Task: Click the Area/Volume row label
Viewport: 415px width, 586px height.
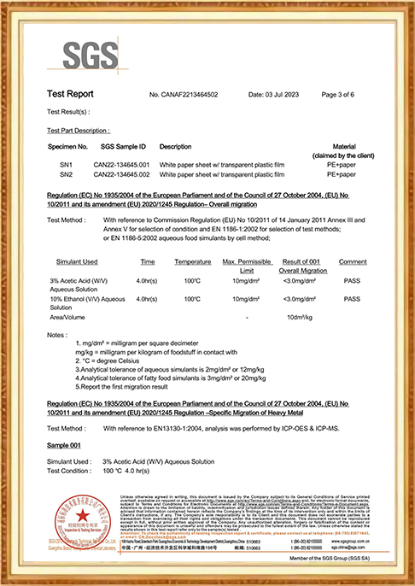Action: pos(68,318)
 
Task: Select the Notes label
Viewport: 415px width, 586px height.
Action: pos(58,334)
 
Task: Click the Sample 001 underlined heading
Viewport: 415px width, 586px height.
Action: pos(64,446)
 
